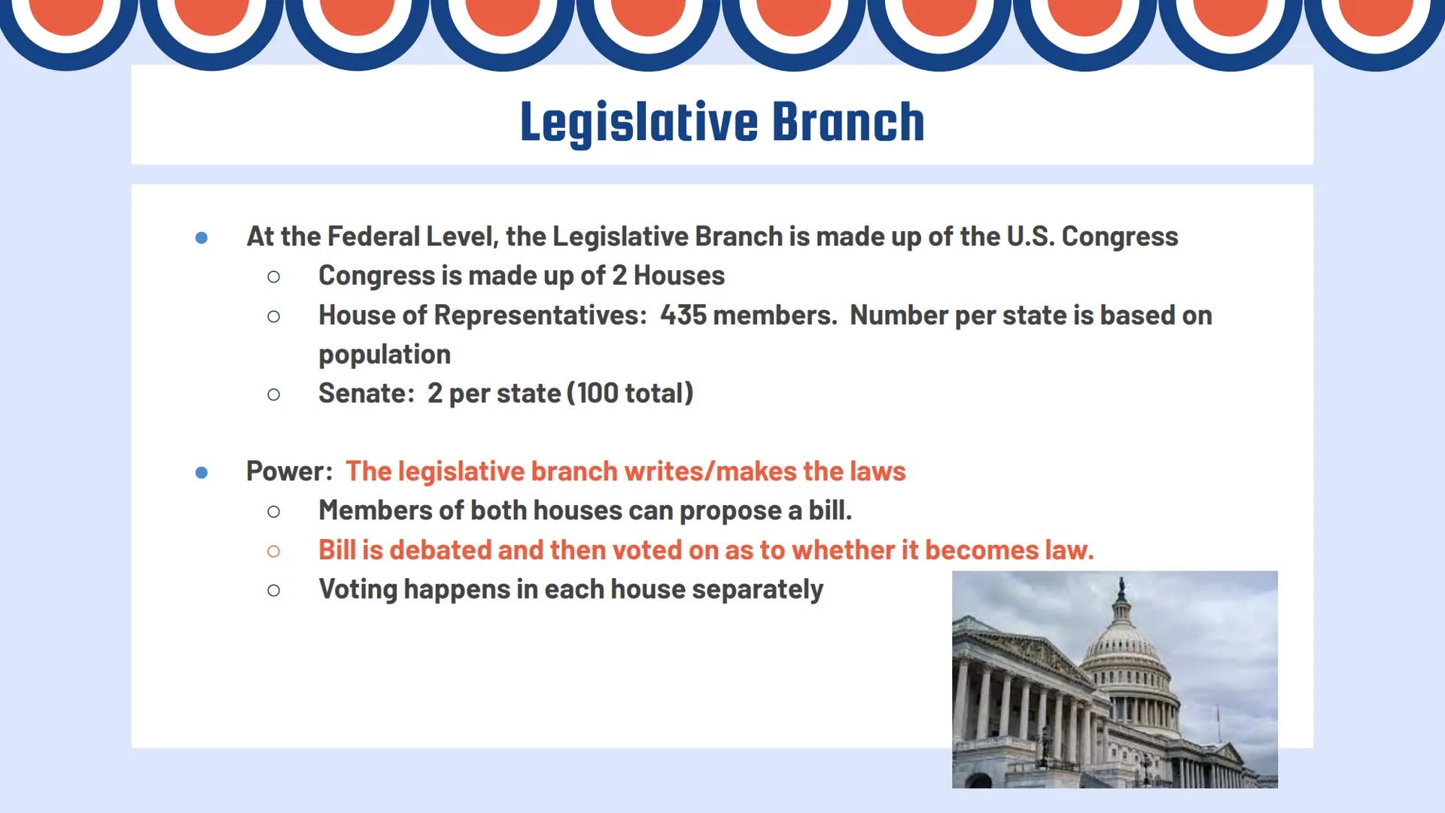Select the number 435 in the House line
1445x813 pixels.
[x=683, y=315]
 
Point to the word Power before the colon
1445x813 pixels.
[x=286, y=472]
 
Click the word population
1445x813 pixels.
[x=384, y=355]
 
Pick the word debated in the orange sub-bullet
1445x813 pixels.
[x=440, y=550]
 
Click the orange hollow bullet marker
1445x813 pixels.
[x=273, y=551]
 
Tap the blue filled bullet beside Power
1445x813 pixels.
[x=201, y=473]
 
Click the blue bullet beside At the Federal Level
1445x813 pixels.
[x=201, y=238]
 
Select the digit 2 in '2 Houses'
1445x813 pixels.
[x=619, y=276]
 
